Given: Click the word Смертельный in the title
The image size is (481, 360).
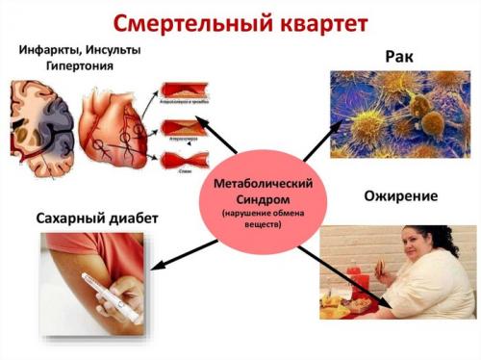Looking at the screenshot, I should click(192, 22).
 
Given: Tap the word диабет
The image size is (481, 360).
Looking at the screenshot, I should click(132, 219).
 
